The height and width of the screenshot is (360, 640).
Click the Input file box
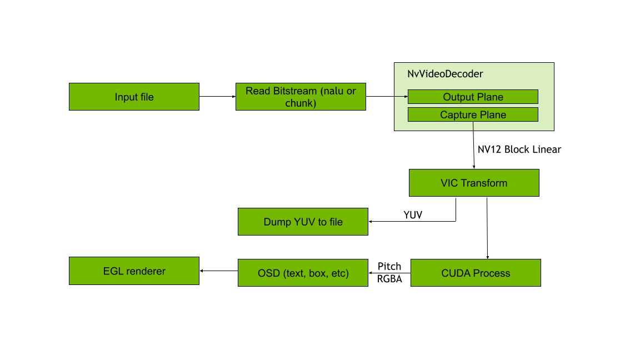click(x=134, y=97)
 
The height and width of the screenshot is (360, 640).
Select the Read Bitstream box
click(x=301, y=97)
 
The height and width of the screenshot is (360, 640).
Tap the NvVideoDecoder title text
click(x=445, y=74)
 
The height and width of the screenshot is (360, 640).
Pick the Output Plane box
click(x=473, y=97)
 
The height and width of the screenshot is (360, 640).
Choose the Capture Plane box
click(x=473, y=114)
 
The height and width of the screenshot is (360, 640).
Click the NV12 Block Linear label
click(x=519, y=149)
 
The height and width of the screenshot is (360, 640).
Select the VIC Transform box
click(x=474, y=183)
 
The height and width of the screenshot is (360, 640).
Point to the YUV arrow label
click(x=413, y=214)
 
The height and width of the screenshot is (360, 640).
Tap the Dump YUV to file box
click(x=303, y=222)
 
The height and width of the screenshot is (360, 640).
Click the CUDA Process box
click(x=476, y=273)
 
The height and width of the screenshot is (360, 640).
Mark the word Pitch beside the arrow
click(x=389, y=266)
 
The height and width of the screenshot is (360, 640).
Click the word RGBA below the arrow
click(x=389, y=279)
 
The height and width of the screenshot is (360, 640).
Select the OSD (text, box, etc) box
click(x=303, y=273)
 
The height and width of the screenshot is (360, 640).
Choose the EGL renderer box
click(x=134, y=271)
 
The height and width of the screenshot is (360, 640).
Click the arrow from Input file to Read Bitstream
click(x=217, y=97)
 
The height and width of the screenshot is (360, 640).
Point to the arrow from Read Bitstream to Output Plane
click(x=387, y=97)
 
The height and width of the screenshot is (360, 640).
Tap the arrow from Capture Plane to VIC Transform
click(x=473, y=144)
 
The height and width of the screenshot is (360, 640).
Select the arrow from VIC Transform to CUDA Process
click(x=487, y=228)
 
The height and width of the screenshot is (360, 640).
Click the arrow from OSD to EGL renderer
click(x=218, y=271)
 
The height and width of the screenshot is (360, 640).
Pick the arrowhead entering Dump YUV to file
click(x=371, y=222)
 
